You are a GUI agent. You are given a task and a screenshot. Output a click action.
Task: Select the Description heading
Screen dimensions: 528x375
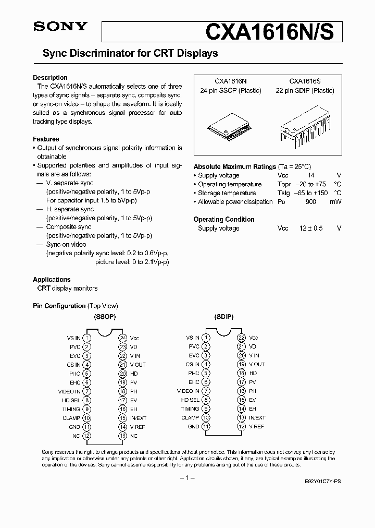pos(50,78)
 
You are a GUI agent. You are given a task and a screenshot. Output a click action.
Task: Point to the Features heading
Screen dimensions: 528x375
pos(46,139)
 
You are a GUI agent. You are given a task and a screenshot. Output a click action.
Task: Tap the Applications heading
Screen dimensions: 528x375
pos(52,280)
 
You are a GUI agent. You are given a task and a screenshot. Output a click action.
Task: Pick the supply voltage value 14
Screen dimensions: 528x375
pos(311,176)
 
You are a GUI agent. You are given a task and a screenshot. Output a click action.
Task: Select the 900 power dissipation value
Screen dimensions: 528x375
pos(311,202)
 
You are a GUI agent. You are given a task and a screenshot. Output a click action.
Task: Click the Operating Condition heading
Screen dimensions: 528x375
pos(224,220)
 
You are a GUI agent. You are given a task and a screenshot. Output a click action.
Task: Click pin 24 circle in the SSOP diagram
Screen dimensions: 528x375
pos(123,338)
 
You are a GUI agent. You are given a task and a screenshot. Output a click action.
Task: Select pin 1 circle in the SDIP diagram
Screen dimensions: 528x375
pos(206,338)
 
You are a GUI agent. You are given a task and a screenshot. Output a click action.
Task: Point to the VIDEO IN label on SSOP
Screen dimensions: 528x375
pos(69,391)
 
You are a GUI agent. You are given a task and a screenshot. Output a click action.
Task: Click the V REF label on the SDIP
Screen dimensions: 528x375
pos(256,427)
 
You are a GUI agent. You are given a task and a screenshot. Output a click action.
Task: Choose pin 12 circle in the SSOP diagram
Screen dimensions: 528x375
pos(87,436)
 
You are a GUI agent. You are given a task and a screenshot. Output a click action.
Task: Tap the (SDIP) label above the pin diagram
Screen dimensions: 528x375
pos(223,317)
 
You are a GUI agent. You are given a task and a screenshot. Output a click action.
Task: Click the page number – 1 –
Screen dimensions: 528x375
pos(187,478)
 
